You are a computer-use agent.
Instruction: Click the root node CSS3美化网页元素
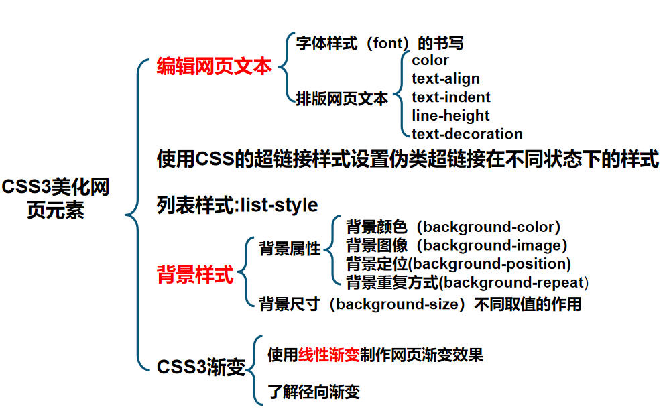pyautogui.click(x=56, y=198)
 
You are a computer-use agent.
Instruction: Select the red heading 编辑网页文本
pyautogui.click(x=215, y=67)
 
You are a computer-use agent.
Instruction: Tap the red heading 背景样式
pyautogui.click(x=195, y=275)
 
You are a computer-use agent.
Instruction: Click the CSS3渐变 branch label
pyautogui.click(x=201, y=367)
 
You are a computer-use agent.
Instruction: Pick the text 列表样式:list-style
pyautogui.click(x=237, y=204)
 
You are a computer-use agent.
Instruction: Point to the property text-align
pyautogui.click(x=446, y=79)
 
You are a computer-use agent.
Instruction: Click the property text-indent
pyautogui.click(x=451, y=97)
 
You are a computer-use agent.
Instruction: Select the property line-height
pyautogui.click(x=450, y=115)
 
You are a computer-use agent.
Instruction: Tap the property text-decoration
pyautogui.click(x=467, y=134)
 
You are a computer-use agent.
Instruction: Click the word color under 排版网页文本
pyautogui.click(x=430, y=60)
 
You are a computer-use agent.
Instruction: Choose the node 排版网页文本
pyautogui.click(x=343, y=99)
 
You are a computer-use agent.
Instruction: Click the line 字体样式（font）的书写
pyautogui.click(x=380, y=44)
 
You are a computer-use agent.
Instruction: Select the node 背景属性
pyautogui.click(x=290, y=249)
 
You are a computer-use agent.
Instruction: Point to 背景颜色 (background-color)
pyautogui.click(x=453, y=227)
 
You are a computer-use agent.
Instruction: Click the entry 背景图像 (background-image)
pyautogui.click(x=457, y=245)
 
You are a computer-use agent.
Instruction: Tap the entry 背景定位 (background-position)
pyautogui.click(x=459, y=263)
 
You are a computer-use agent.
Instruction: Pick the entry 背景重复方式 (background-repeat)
pyautogui.click(x=467, y=282)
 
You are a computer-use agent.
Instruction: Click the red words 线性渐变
pyautogui.click(x=328, y=355)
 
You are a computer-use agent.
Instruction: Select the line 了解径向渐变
pyautogui.click(x=314, y=392)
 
